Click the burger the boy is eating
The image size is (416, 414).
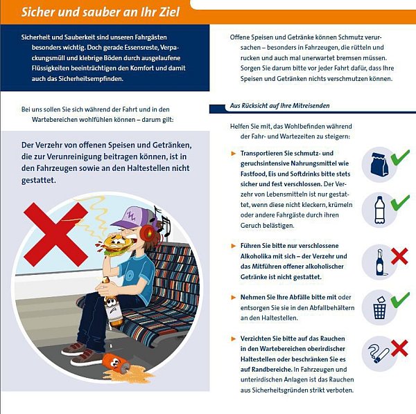[x=118, y=246]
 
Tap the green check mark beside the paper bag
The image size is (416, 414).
[x=400, y=159]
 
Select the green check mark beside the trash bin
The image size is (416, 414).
[x=400, y=300]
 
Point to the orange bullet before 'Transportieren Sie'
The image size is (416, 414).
[x=233, y=152]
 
